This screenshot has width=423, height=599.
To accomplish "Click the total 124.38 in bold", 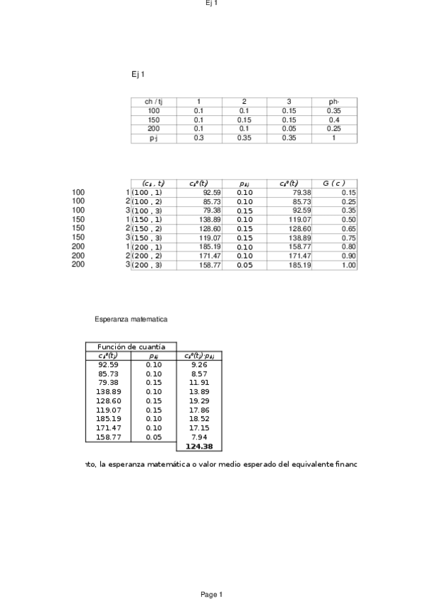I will pos(198,446).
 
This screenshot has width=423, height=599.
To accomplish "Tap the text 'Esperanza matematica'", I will pos(131,319).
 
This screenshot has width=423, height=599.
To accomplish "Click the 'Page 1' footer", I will pos(211,595).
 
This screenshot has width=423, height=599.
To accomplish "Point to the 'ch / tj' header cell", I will pos(154,102).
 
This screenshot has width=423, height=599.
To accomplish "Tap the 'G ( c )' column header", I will pos(334,184).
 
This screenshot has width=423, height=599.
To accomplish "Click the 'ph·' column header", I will pos(334,102).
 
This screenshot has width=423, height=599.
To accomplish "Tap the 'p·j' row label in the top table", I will pos(154,138).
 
